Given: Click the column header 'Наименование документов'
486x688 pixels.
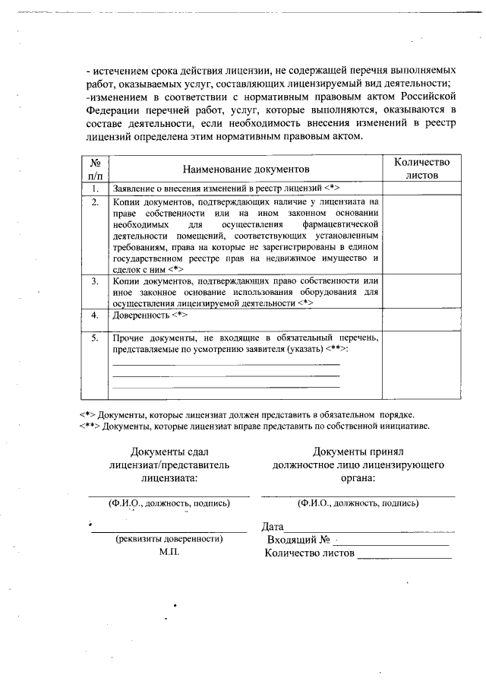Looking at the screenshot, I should (x=245, y=167).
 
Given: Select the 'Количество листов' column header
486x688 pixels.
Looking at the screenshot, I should (x=421, y=167).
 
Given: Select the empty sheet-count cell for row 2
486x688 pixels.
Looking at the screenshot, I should (x=421, y=236).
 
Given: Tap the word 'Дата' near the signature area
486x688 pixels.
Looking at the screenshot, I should (x=272, y=526).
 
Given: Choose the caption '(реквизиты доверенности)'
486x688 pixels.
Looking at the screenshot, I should (x=169, y=538).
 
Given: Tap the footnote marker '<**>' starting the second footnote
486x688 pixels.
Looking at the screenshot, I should (x=89, y=426).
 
